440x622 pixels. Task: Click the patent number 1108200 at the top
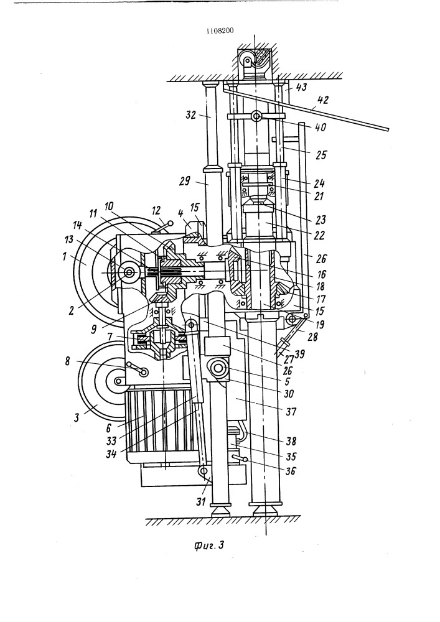coord(220,32)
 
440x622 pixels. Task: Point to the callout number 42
coord(322,99)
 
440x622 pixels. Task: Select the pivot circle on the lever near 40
coord(256,116)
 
